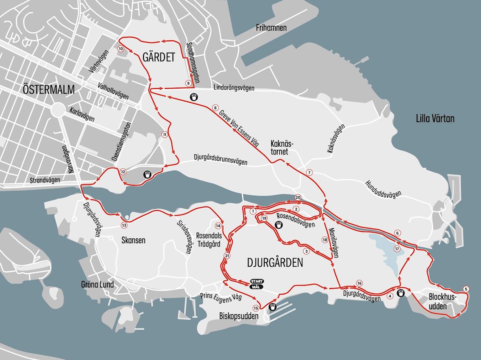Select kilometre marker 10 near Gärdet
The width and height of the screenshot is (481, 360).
tap(120, 48)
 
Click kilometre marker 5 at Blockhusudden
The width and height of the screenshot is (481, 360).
tap(466, 288)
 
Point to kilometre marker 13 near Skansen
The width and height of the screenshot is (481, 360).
tap(124, 225)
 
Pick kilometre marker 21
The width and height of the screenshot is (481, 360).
tap(226, 256)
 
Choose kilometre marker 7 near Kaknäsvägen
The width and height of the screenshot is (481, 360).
tap(309, 173)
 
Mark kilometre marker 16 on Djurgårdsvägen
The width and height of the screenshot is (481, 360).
tap(359, 283)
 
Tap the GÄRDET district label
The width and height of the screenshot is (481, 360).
tap(159, 57)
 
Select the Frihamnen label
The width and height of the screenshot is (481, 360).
tap(271, 28)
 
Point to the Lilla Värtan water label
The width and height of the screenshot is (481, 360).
tap(435, 118)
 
